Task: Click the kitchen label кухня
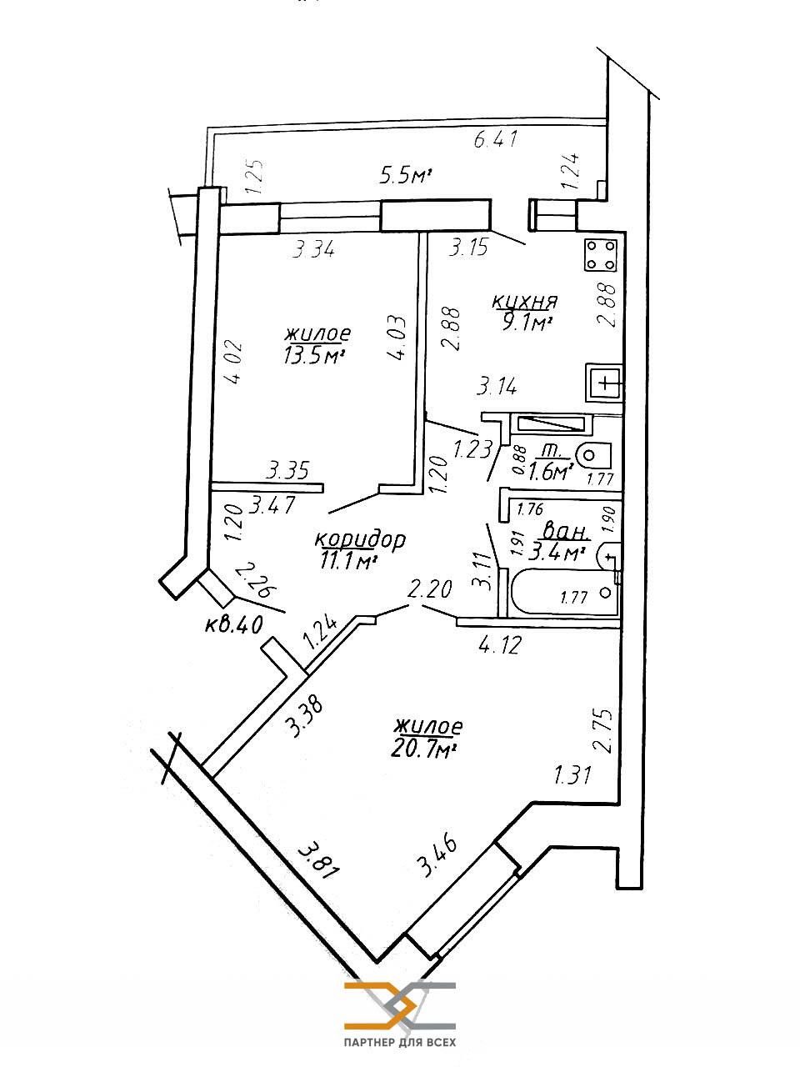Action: [x=524, y=301]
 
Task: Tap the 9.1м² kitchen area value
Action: [x=527, y=322]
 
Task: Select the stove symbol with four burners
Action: [x=601, y=254]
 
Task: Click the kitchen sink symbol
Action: [x=604, y=384]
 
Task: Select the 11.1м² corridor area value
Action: [x=348, y=561]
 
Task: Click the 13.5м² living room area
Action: [x=314, y=355]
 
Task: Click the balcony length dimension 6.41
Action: [x=497, y=139]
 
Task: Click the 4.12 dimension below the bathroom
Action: [x=497, y=644]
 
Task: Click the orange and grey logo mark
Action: [x=399, y=1004]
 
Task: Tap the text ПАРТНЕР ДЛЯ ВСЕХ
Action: [x=399, y=1043]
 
